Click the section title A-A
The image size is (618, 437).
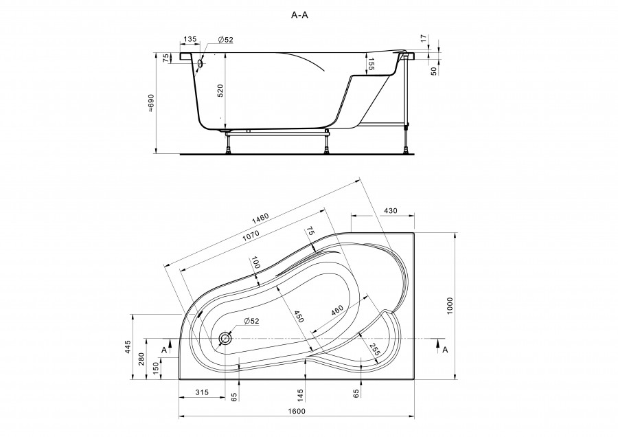point(299,15)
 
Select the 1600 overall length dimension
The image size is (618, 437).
point(297,411)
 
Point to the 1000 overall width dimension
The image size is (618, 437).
point(450,305)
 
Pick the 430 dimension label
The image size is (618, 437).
point(390,211)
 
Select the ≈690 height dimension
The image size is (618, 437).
point(151,103)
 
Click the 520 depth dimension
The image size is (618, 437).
point(220,91)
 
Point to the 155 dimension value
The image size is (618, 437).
point(371,65)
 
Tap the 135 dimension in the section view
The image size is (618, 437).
point(190,39)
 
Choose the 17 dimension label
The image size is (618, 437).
point(423,38)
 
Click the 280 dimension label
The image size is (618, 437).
point(142,359)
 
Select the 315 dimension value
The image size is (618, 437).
point(201,392)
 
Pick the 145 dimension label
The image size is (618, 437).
point(300,394)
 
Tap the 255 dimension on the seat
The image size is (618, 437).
point(374,350)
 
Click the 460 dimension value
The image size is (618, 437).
point(337,310)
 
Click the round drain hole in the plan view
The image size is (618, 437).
point(225,338)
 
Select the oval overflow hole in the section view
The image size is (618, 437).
point(201,63)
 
